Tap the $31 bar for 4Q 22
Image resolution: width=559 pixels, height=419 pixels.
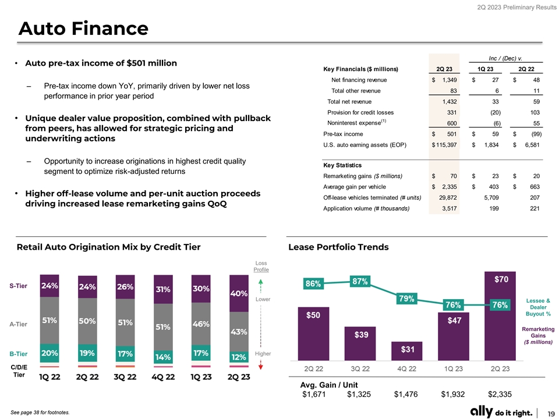[x=407, y=351]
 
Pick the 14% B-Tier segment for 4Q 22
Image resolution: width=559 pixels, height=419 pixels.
[x=163, y=356]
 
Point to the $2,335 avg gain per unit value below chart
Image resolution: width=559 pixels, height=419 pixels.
[x=500, y=395]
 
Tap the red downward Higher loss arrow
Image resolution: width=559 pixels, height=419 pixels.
[x=260, y=365]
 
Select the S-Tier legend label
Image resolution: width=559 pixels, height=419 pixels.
[x=19, y=286]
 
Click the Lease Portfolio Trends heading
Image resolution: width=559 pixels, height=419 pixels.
[x=338, y=247]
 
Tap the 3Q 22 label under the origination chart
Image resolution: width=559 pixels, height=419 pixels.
[x=125, y=377]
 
